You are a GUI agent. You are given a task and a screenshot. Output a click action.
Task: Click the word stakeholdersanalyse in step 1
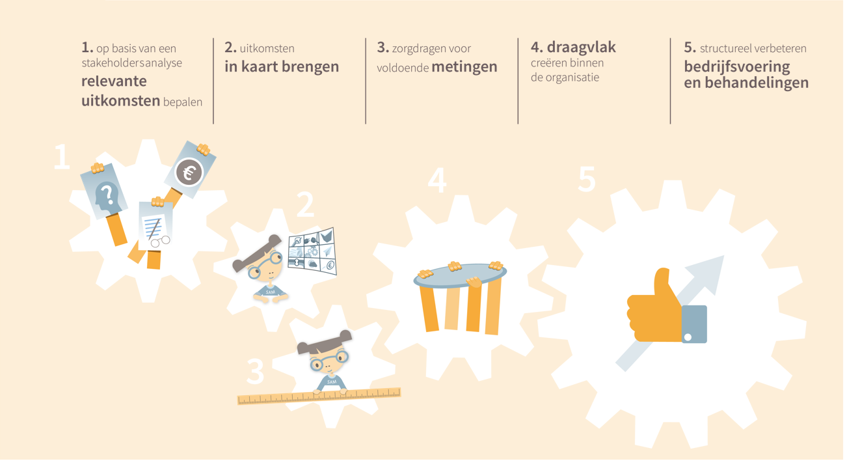tap(131, 63)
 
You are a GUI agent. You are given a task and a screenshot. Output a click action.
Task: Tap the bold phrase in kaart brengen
tap(282, 67)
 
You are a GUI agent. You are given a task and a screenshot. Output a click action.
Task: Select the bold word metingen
tap(464, 67)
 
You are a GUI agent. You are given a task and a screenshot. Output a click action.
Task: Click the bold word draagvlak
tap(582, 47)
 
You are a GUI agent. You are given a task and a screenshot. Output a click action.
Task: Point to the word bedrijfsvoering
tap(737, 68)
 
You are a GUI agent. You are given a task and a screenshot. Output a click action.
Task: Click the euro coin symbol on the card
tap(189, 172)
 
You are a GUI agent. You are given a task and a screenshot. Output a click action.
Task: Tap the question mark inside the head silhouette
tap(107, 193)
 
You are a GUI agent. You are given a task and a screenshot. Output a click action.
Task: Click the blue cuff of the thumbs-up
tap(694, 324)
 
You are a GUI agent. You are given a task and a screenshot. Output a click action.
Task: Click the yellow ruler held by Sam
tap(319, 396)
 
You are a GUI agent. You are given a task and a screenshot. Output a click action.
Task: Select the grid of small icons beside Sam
tap(312, 251)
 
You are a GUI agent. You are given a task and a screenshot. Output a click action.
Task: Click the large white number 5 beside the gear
tap(587, 179)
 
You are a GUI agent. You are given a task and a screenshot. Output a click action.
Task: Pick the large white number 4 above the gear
tap(437, 180)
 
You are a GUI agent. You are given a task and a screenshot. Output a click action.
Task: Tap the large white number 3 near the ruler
tap(256, 371)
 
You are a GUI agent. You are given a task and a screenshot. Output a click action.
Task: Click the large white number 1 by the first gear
tap(62, 156)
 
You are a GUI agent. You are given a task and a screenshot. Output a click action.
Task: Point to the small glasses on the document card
tap(160, 242)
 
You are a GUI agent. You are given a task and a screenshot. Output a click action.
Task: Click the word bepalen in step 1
tap(183, 102)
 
